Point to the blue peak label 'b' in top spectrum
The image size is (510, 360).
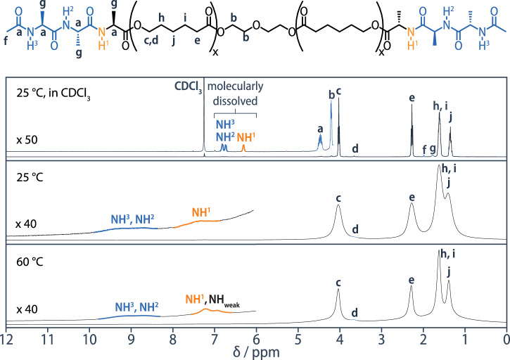click(x=331, y=93)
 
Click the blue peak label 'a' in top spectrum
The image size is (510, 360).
click(x=320, y=129)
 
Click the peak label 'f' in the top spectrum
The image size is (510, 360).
click(x=424, y=149)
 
